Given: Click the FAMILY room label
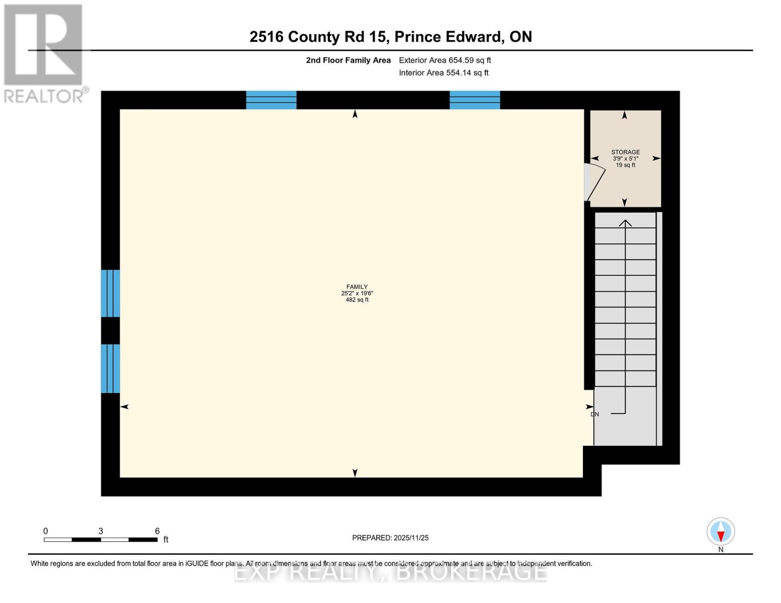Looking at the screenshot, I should pyautogui.click(x=357, y=287).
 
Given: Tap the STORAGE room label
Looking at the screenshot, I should pyautogui.click(x=625, y=152).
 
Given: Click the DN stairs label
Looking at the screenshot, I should pyautogui.click(x=595, y=415).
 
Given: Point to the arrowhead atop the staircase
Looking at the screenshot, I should pyautogui.click(x=625, y=223).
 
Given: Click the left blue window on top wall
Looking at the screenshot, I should pyautogui.click(x=271, y=100).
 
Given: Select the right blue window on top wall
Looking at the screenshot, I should pyautogui.click(x=475, y=100).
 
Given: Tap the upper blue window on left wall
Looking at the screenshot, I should pyautogui.click(x=111, y=293).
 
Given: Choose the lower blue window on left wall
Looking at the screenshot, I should pyautogui.click(x=111, y=368).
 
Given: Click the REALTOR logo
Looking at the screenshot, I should pyautogui.click(x=44, y=53).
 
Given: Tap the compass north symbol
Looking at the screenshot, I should pyautogui.click(x=721, y=532).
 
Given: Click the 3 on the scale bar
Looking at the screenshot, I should pyautogui.click(x=101, y=531).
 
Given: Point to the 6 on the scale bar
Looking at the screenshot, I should pyautogui.click(x=157, y=531).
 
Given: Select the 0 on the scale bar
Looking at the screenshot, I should pyautogui.click(x=46, y=531).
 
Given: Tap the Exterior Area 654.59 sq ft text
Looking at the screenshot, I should pyautogui.click(x=445, y=60).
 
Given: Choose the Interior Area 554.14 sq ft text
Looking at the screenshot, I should pyautogui.click(x=444, y=73).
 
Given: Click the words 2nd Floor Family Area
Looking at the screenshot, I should pyautogui.click(x=348, y=60).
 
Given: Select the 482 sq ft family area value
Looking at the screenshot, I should pyautogui.click(x=357, y=300).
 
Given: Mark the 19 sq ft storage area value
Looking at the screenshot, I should pyautogui.click(x=625, y=165).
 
